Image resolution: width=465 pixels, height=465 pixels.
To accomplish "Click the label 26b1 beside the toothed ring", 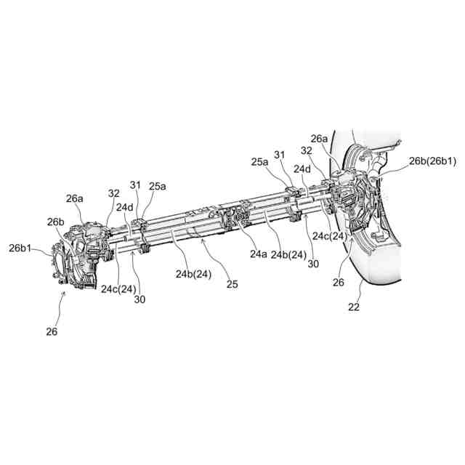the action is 20,248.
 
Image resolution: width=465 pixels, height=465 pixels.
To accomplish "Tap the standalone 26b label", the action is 56,222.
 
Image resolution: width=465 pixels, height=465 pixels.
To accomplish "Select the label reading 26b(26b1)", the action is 432,161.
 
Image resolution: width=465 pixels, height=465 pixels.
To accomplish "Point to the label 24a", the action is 259,254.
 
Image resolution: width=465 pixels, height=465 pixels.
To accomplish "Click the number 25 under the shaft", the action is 232,284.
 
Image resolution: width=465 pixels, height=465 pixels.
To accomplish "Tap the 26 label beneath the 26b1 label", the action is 52,332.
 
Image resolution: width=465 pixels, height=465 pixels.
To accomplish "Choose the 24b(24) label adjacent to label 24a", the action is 289,255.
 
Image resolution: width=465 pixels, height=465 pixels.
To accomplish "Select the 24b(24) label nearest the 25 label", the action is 193,274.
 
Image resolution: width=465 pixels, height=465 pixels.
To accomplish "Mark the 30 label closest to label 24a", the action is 312,264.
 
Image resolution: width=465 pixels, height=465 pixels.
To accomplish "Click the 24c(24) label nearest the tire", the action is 328,236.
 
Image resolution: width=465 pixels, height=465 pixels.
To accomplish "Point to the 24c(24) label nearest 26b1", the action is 118,289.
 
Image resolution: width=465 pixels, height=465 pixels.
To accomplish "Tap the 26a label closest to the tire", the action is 319,138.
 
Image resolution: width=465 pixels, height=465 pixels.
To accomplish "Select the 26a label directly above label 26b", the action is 75,198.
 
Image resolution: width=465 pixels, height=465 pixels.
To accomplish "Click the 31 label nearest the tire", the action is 281,154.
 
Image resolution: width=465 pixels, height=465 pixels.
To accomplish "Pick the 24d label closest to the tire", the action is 302,169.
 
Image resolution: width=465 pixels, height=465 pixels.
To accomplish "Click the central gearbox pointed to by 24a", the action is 240,219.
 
